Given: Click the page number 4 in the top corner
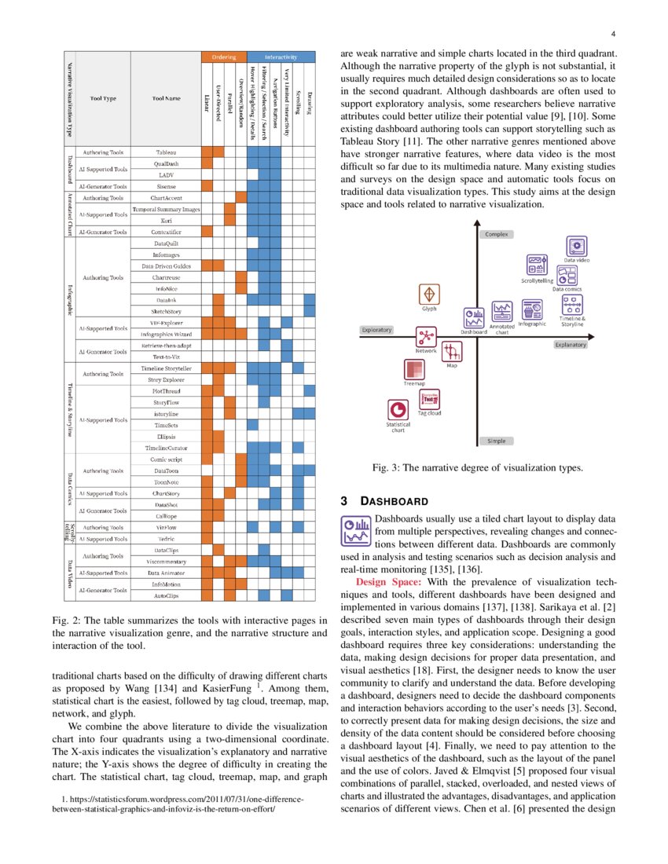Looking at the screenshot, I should coord(612,34).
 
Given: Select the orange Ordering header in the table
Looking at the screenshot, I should coord(224,57).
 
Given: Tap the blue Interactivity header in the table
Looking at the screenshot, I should coord(281,57).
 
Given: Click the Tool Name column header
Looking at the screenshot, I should coord(166,100).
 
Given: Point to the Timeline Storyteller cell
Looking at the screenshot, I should coord(166,368).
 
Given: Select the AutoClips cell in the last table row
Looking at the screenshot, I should coord(166,596).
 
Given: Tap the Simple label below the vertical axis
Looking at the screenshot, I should coord(496,441).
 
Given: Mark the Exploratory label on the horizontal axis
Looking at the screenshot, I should coord(376,330).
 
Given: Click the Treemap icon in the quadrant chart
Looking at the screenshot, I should coord(414,369).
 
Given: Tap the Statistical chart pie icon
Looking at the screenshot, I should coord(398,409).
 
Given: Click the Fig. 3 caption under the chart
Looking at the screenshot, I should coord(477,468).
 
